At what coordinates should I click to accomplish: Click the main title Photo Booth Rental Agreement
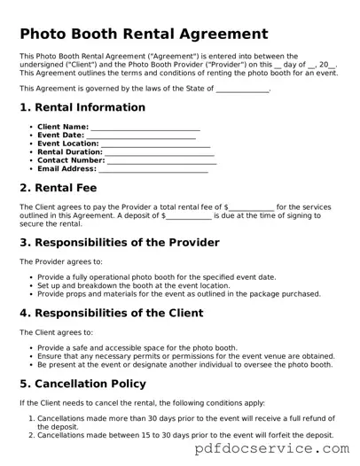144,35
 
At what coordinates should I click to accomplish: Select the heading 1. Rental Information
82,107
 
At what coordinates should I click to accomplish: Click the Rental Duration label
70,152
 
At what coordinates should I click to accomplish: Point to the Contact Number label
71,160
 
